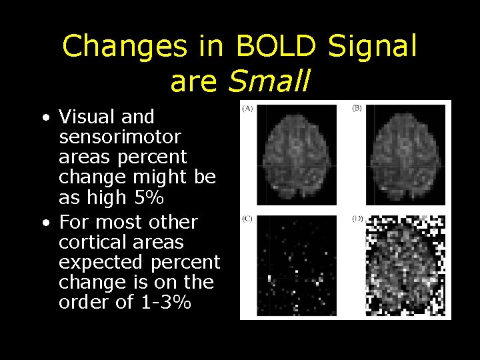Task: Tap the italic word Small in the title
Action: click(269, 81)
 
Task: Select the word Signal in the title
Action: click(372, 47)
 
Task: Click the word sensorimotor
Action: click(120, 137)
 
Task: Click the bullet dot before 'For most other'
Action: click(45, 223)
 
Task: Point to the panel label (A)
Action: click(247, 108)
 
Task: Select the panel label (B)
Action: click(357, 108)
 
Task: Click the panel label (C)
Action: click(247, 219)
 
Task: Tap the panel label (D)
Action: click(357, 219)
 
